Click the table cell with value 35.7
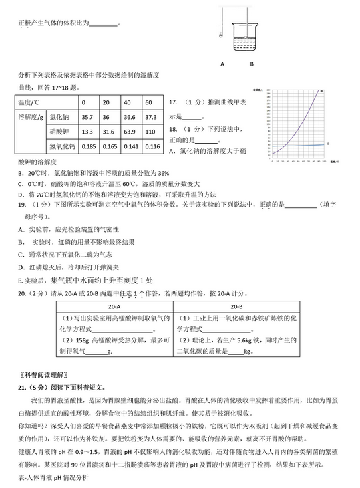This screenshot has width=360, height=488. coord(87,117)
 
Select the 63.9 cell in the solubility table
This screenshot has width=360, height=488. coord(129,132)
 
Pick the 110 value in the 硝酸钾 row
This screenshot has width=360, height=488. coord(150,132)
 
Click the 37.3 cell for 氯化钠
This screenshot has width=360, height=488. coord(150,117)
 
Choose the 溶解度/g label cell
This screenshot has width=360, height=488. coord(31,117)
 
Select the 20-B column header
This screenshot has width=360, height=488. coord(236,306)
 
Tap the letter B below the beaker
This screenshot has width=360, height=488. coord(252,64)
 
